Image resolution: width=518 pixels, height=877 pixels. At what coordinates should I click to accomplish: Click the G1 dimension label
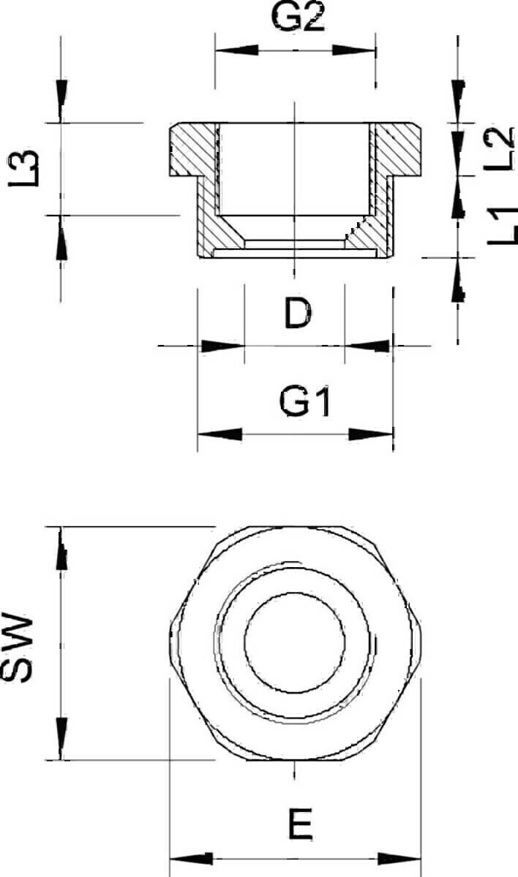click(305, 402)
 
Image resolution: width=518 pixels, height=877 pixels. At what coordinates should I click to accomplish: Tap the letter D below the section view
click(298, 314)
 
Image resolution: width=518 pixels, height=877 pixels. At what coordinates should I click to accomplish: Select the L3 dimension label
click(24, 168)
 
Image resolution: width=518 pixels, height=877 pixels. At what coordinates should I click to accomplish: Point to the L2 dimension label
click(498, 149)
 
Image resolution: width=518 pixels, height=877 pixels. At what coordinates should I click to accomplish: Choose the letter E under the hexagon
click(301, 824)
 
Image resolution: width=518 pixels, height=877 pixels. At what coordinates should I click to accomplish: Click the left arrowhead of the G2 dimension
click(236, 50)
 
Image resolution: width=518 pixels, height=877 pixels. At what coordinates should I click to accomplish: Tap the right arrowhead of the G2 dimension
click(354, 50)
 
